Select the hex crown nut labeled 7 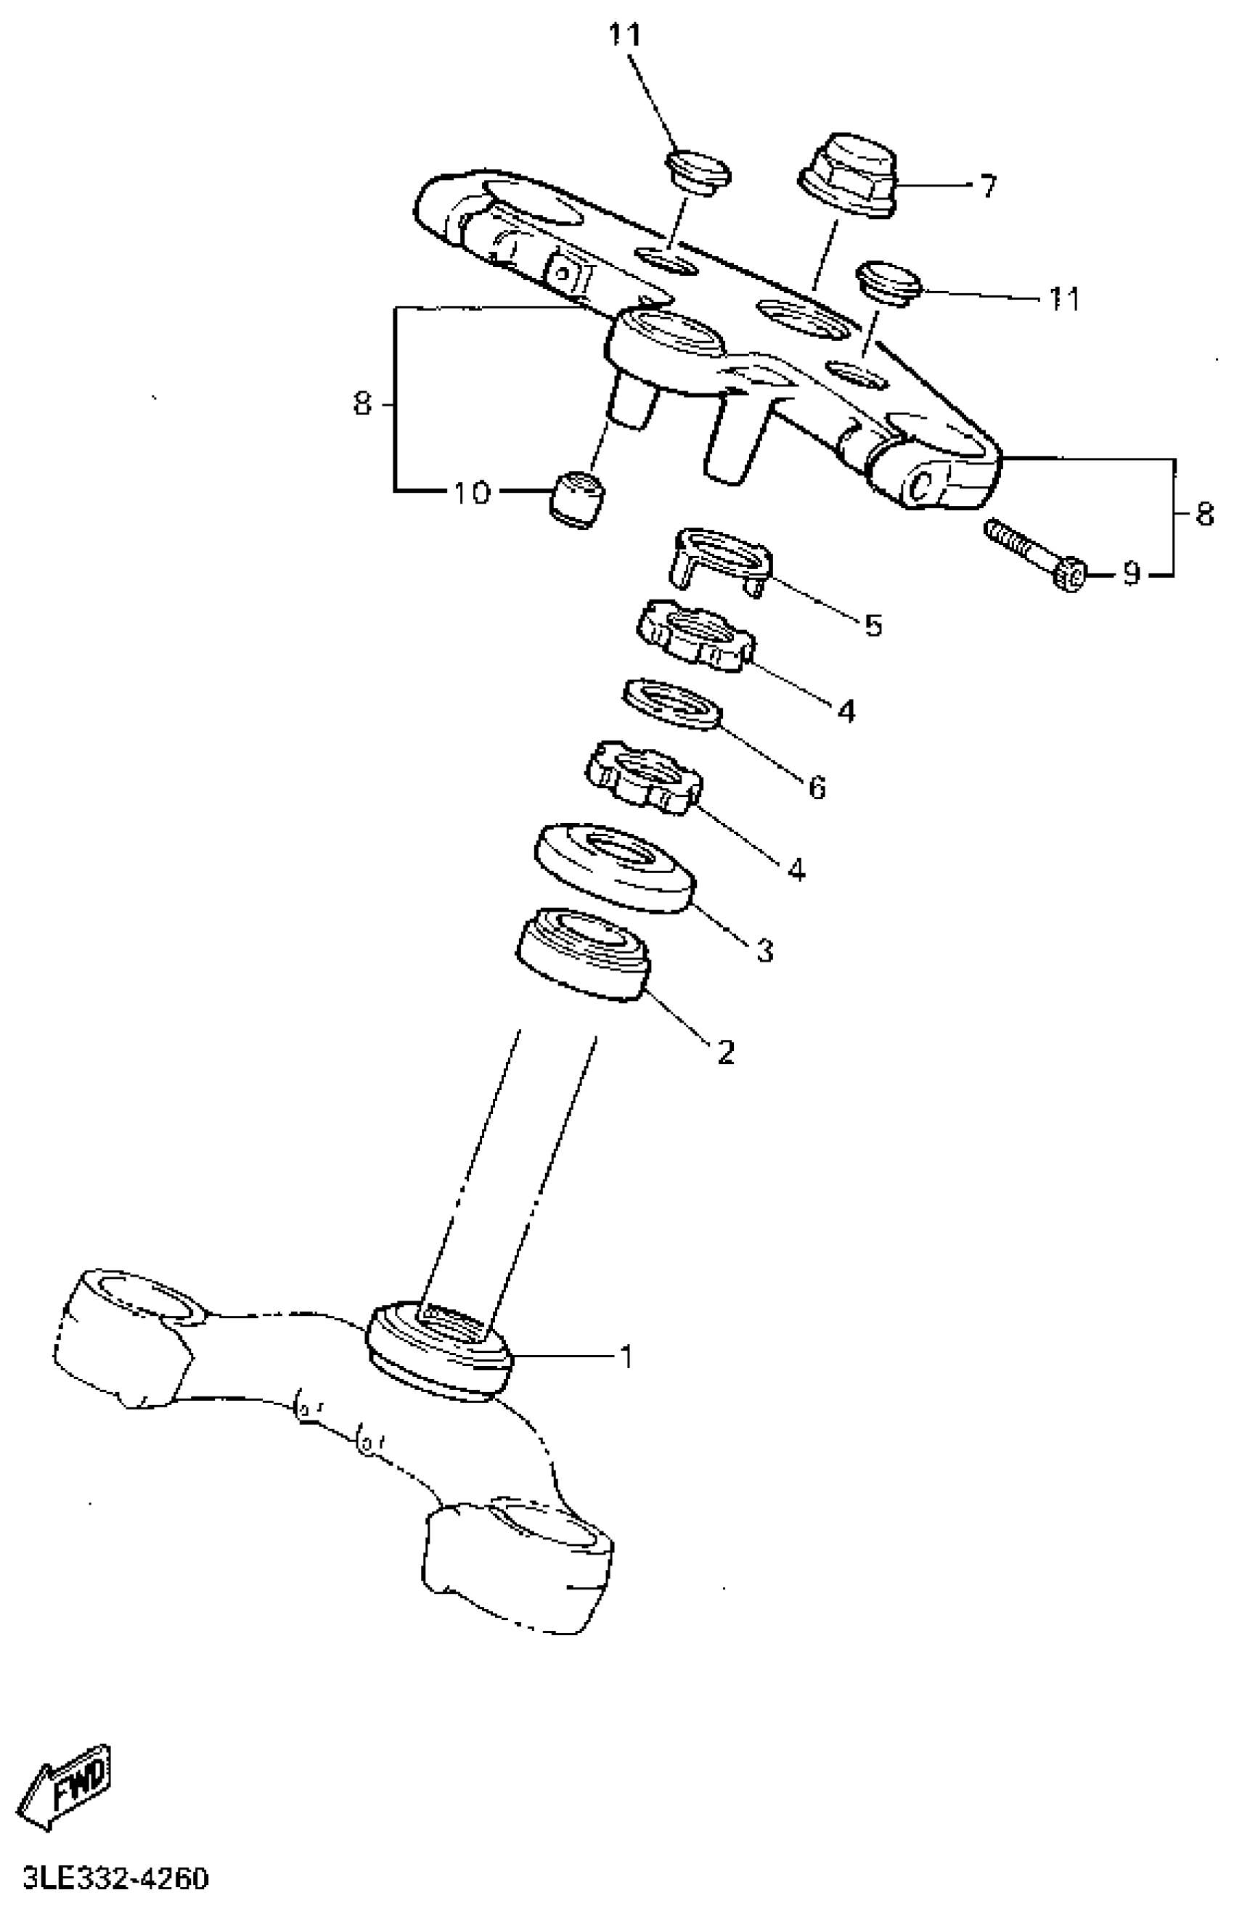pos(849,176)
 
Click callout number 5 pos(873,625)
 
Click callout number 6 pos(817,787)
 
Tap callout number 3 pos(765,951)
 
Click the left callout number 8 pos(363,404)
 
